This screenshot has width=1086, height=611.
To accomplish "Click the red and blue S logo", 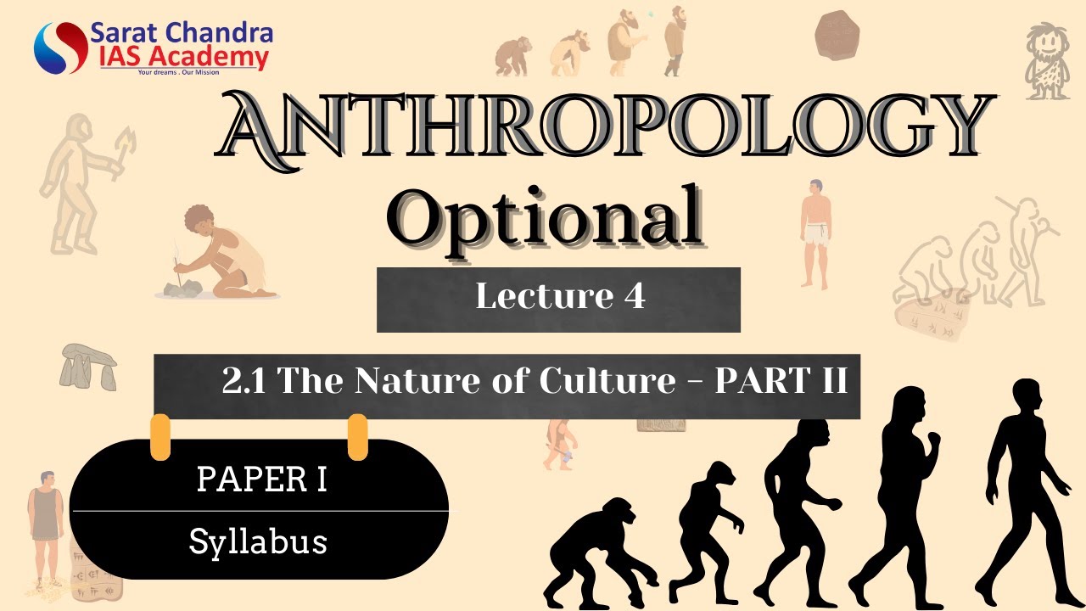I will pos(59,48).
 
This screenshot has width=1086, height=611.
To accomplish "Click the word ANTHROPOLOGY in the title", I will pos(604,128).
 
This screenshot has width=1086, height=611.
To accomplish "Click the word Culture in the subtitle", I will pos(607,381).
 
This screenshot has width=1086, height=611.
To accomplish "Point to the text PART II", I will pos(781,381).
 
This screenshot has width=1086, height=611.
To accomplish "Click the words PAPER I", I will pos(261,479).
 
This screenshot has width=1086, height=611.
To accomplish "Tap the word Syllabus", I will pos(258,541).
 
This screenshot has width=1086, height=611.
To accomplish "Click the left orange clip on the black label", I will pos(160,437).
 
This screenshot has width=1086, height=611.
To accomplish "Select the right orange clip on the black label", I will pos(358,437).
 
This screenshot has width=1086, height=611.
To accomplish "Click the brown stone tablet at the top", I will pos(837,36).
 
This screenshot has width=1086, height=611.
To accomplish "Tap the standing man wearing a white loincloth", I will pos(816,233).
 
